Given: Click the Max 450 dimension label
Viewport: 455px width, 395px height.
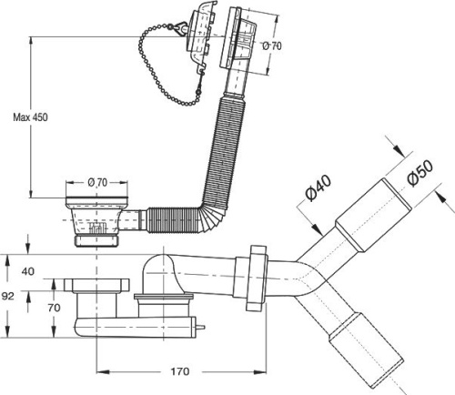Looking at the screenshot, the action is tap(30, 117).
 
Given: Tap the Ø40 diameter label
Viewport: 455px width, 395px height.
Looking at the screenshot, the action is tap(318, 188).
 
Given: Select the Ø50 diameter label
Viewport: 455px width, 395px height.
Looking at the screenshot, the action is tap(420, 172).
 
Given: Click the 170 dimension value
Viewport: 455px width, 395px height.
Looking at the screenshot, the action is tap(180, 371).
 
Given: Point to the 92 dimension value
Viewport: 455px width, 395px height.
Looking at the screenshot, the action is tap(7, 296).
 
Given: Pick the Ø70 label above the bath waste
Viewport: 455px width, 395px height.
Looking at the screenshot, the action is tap(97, 182).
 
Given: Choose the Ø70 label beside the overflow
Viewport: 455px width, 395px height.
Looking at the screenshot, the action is tap(272, 46).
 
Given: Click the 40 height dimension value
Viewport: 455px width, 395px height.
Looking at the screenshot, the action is tap(28, 271).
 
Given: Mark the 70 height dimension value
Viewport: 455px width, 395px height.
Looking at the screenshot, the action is tap(54, 308).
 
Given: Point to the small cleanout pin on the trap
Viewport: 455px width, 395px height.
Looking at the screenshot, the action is tap(200, 328).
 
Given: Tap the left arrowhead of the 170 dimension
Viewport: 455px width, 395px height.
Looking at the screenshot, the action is tap(102, 371).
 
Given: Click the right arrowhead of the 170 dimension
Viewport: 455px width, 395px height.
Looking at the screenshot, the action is tap(260, 371).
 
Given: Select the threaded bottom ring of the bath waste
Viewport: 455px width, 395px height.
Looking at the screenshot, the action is tap(96, 240).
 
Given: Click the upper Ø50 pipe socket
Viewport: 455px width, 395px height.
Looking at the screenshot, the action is tap(373, 215).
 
